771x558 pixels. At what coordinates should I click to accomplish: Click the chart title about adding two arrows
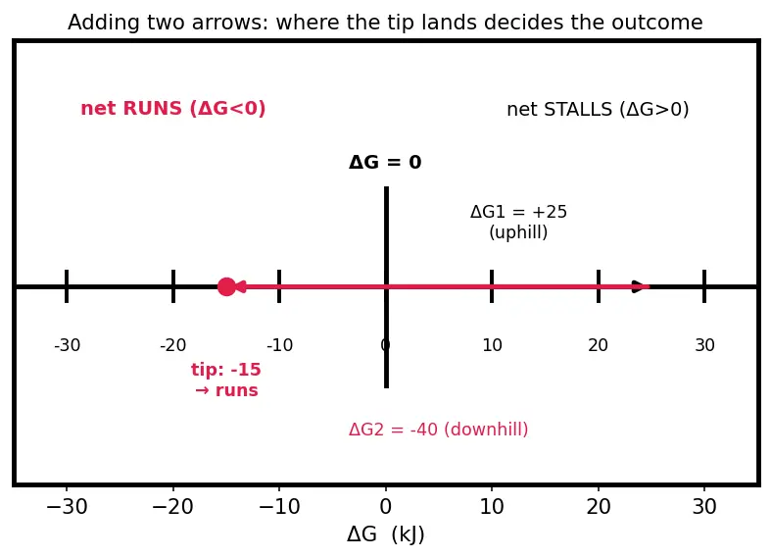tap(385, 23)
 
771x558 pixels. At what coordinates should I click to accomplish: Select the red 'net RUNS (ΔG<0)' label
tap(173, 108)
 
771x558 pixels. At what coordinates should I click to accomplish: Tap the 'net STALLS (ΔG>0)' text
tap(598, 109)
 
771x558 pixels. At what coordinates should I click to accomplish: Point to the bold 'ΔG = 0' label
tap(385, 162)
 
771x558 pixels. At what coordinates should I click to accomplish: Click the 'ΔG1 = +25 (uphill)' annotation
tap(518, 222)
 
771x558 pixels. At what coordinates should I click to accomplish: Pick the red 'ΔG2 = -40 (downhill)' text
tap(439, 430)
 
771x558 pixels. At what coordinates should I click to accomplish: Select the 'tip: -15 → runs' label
tap(226, 380)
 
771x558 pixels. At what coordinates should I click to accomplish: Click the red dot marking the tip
tap(226, 286)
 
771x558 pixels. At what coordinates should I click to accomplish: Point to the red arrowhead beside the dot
tap(241, 286)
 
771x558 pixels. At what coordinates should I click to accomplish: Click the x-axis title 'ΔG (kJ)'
tap(386, 534)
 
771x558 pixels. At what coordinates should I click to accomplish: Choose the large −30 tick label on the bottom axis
tap(67, 506)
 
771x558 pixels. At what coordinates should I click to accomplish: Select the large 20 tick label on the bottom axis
tap(599, 506)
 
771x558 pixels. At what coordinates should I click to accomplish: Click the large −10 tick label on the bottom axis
tap(279, 506)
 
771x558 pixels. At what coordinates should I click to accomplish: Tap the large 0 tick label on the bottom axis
tap(386, 506)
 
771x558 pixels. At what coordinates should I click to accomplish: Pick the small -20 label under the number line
tap(173, 345)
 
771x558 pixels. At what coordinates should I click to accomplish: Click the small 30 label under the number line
tap(704, 345)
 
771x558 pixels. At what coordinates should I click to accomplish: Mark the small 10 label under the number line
tap(492, 345)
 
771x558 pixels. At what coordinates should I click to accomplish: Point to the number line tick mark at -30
tap(67, 286)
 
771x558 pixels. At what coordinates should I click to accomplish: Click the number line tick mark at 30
tap(704, 286)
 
